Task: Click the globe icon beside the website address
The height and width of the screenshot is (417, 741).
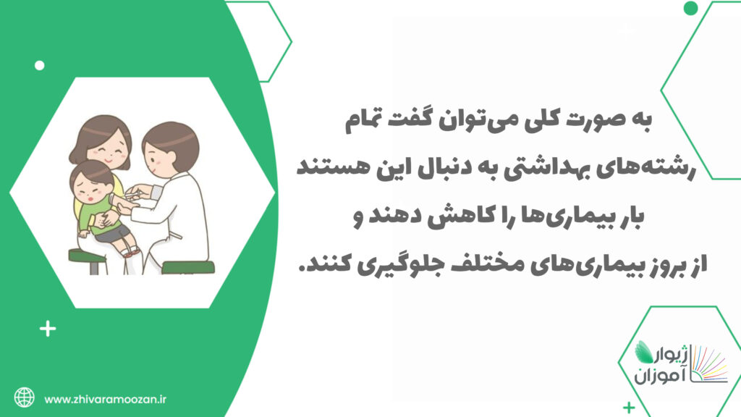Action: tap(24, 397)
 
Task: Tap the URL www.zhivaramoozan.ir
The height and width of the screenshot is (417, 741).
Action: tap(106, 400)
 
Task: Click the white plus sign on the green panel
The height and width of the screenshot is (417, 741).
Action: tap(48, 329)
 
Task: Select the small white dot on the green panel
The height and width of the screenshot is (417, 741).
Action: tap(40, 65)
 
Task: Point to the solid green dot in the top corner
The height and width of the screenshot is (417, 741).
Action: tap(690, 8)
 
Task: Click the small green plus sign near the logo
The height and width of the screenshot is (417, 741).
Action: tap(629, 407)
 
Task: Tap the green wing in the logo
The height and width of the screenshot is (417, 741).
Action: tap(645, 352)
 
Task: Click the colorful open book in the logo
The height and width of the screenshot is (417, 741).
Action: tap(710, 365)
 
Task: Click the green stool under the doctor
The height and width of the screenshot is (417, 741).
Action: tap(188, 268)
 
